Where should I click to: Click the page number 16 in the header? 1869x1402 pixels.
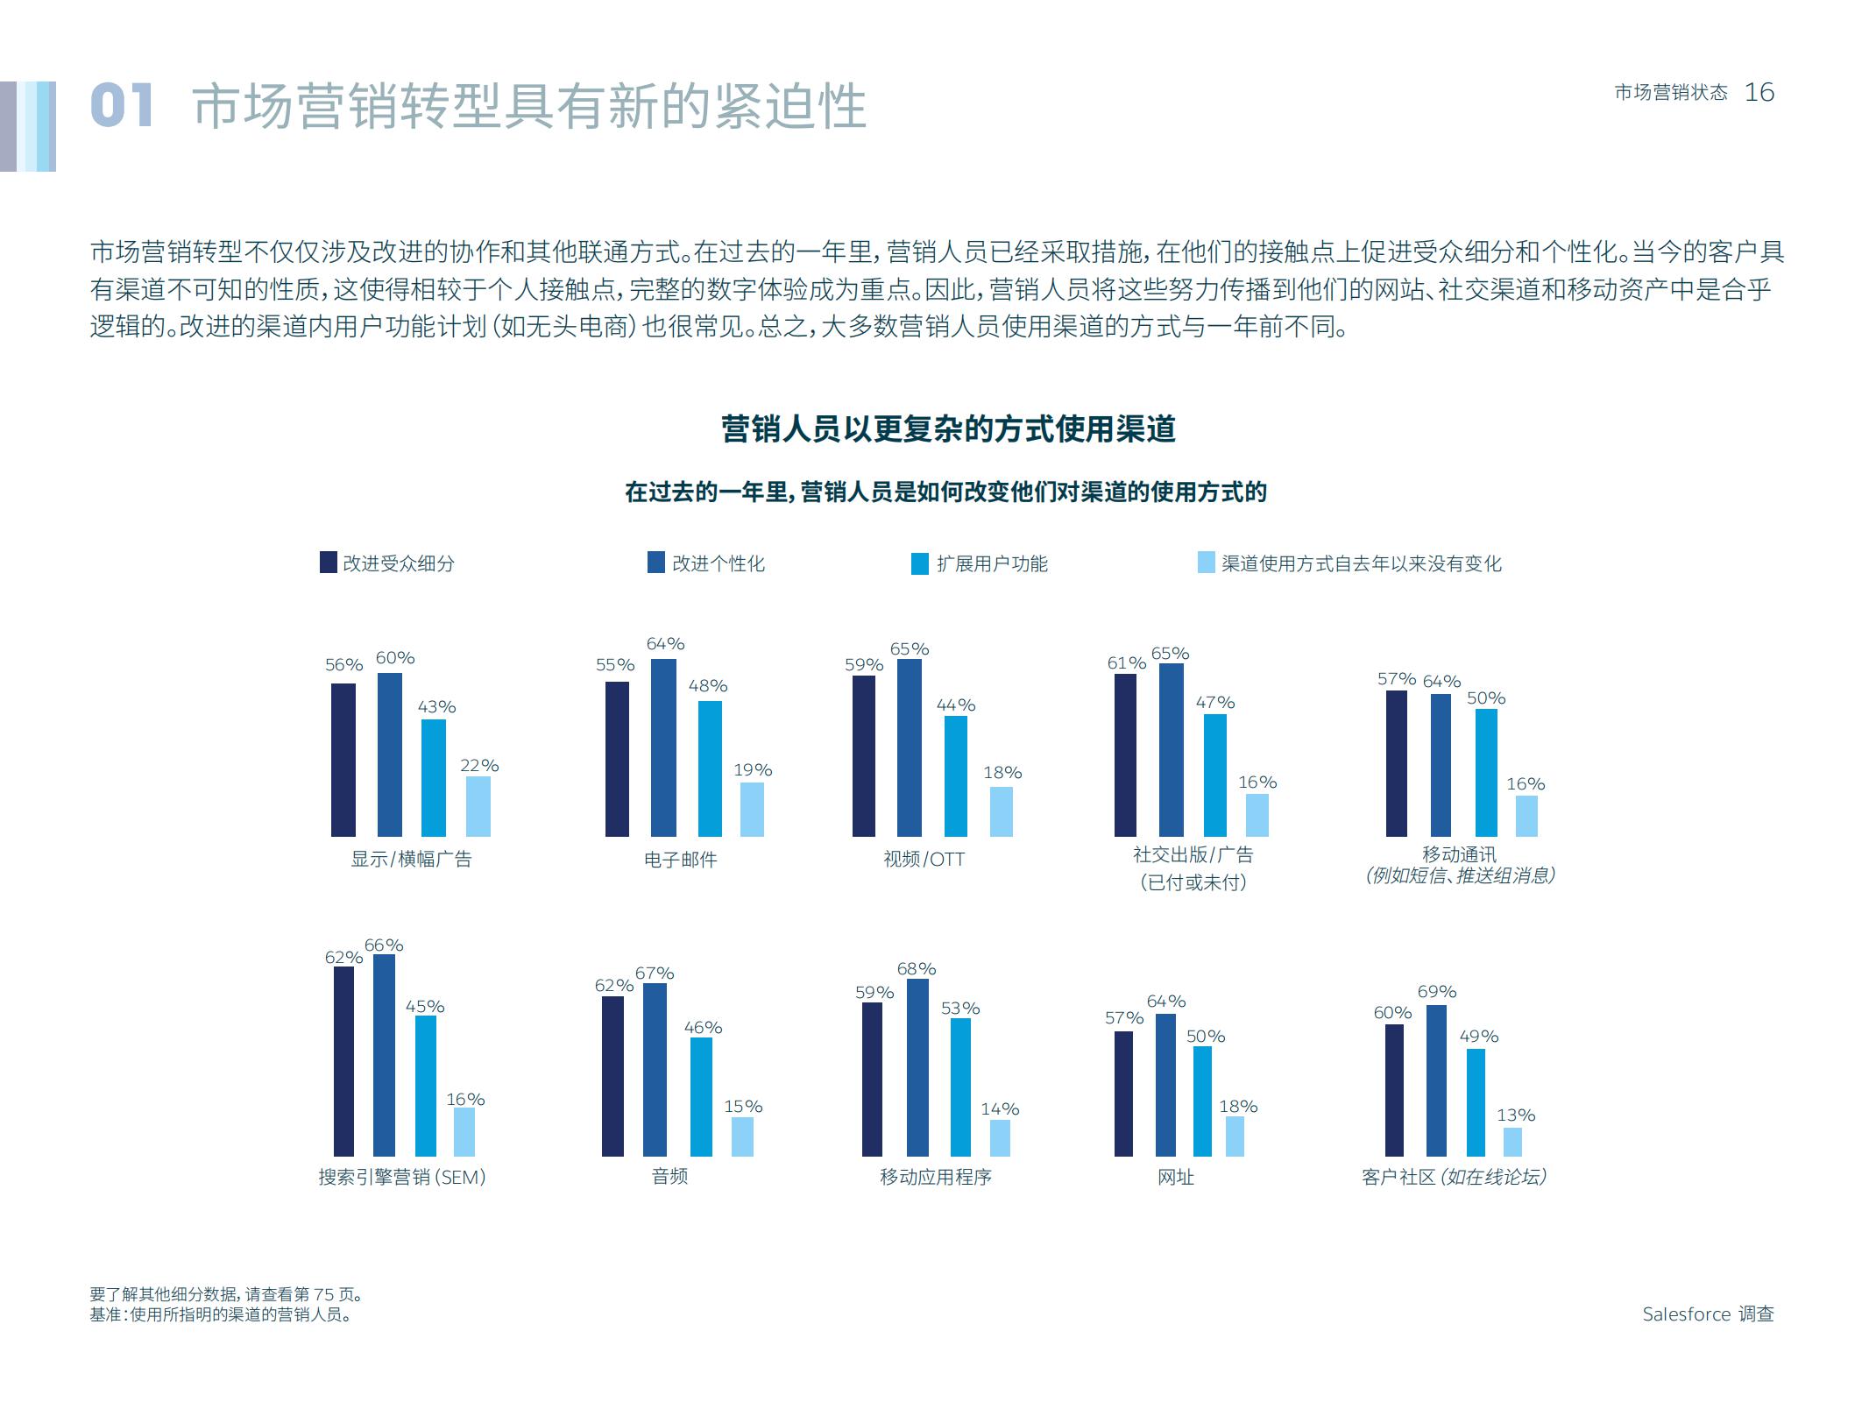pyautogui.click(x=1759, y=92)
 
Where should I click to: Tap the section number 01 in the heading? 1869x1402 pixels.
pyautogui.click(x=122, y=106)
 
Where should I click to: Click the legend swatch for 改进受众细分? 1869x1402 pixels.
pyautogui.click(x=329, y=563)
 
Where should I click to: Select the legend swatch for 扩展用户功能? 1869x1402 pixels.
pyautogui.click(x=919, y=563)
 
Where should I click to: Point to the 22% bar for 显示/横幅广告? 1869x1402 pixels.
pyautogui.click(x=478, y=806)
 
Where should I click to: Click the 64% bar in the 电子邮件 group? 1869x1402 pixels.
pyautogui.click(x=663, y=747)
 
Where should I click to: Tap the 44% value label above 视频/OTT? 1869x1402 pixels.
pyautogui.click(x=955, y=705)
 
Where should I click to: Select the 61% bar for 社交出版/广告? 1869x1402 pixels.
pyautogui.click(x=1125, y=754)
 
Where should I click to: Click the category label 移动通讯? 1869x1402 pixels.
pyautogui.click(x=1459, y=853)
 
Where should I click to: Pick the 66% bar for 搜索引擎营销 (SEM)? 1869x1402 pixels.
pyautogui.click(x=384, y=1055)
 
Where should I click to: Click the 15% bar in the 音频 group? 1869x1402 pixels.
pyautogui.click(x=742, y=1136)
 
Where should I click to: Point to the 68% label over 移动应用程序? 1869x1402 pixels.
pyautogui.click(x=916, y=969)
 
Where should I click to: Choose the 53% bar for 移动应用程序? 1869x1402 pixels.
pyautogui.click(x=960, y=1087)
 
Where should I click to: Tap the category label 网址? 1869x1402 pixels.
pyautogui.click(x=1175, y=1177)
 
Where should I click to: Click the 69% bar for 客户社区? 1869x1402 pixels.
pyautogui.click(x=1436, y=1080)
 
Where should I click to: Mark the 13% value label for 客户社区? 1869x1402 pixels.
pyautogui.click(x=1515, y=1115)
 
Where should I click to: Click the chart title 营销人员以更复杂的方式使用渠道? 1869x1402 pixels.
pyautogui.click(x=947, y=429)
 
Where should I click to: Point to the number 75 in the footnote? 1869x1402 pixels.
pyautogui.click(x=323, y=1294)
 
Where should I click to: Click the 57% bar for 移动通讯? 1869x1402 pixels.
pyautogui.click(x=1397, y=763)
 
